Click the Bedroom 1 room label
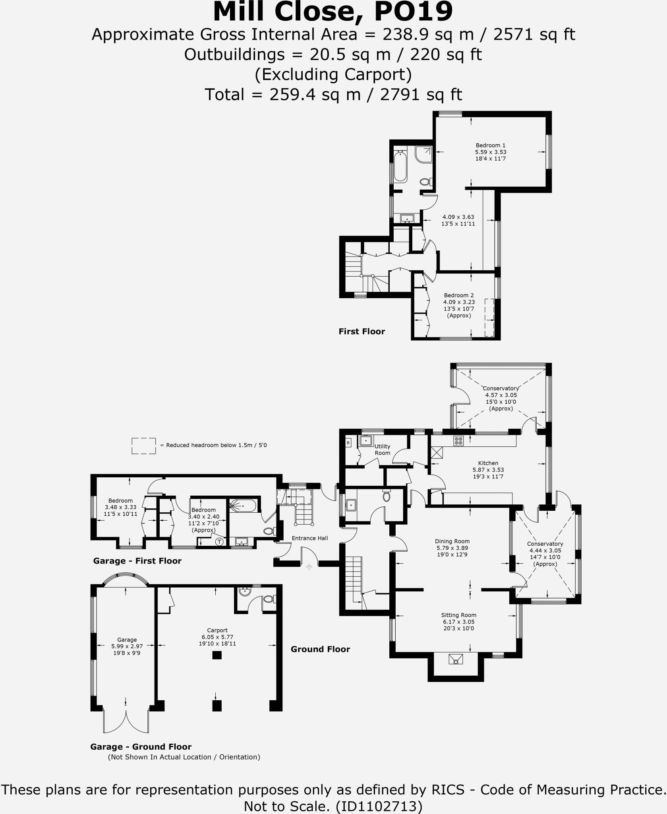click(490, 145)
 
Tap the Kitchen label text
click(488, 463)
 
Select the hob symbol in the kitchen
click(458, 440)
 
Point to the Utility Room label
click(382, 450)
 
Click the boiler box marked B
click(348, 442)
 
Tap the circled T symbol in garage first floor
click(219, 542)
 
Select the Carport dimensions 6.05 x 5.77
click(217, 637)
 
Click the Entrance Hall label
click(309, 538)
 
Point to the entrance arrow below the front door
click(309, 567)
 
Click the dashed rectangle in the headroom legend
click(143, 446)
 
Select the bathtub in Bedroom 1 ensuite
click(400, 167)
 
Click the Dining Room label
click(452, 541)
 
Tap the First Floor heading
click(362, 331)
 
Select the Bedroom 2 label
click(458, 295)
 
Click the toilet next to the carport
click(269, 599)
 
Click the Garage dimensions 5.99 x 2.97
click(127, 647)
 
